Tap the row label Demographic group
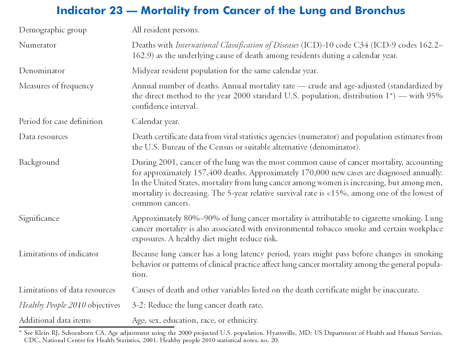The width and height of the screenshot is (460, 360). [53, 30]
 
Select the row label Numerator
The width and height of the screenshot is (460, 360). [38, 46]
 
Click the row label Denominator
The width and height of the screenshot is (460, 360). [42, 71]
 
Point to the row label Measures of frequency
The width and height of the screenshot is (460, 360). [56, 86]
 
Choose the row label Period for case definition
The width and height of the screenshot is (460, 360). [61, 121]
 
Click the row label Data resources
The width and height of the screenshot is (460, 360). [43, 137]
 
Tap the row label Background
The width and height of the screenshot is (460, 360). [39, 162]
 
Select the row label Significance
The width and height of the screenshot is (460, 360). [39, 218]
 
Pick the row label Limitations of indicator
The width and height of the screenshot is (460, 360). [59, 254]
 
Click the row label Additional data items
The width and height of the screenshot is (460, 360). [55, 320]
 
